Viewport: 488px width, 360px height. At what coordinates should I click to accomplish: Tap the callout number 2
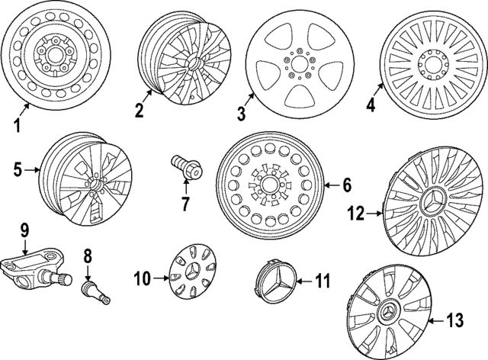(x=138, y=111)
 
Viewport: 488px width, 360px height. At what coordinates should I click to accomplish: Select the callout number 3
(x=241, y=114)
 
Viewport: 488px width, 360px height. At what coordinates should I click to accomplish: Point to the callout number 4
(x=371, y=106)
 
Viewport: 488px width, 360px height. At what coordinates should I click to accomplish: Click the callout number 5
(x=18, y=170)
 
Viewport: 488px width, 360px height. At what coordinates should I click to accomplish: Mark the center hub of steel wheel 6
(x=269, y=185)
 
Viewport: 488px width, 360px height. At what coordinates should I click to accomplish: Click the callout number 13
(x=454, y=321)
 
